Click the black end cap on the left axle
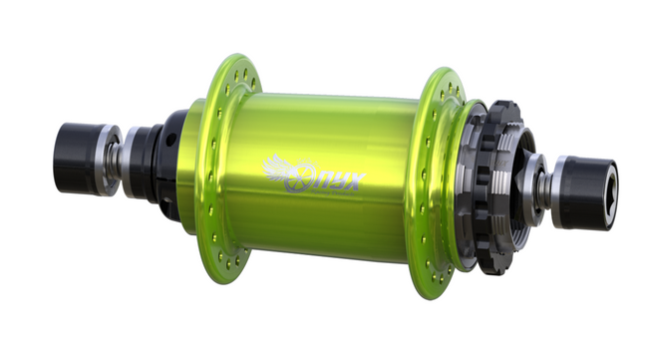[77, 158]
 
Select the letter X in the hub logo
[353, 180]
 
